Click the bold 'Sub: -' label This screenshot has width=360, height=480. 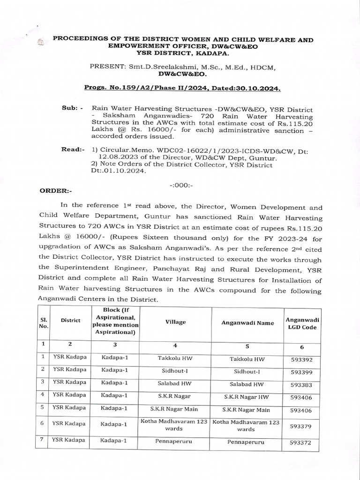(x=72, y=108)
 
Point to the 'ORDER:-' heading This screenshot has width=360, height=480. (x=56, y=191)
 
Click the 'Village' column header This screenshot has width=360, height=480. (x=175, y=322)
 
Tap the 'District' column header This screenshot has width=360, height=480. (x=70, y=321)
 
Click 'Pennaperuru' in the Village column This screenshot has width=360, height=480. (x=174, y=441)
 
